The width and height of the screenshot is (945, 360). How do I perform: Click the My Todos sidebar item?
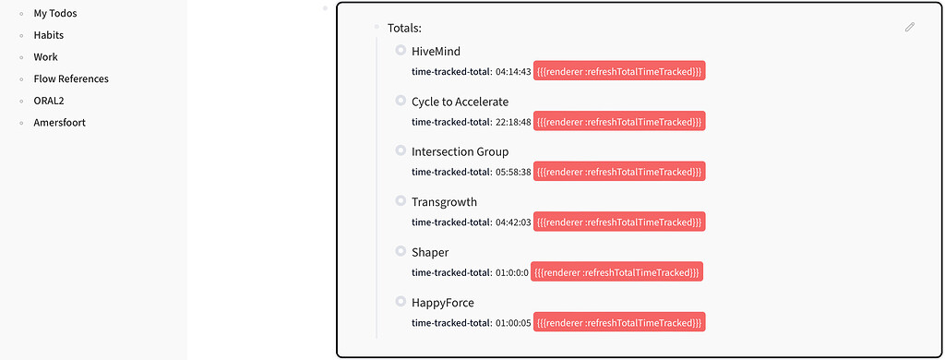pos(55,14)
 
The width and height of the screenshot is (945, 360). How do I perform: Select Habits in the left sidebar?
pos(49,35)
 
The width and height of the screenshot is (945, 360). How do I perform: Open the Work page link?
pos(46,57)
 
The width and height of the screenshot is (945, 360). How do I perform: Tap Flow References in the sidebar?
pos(71,79)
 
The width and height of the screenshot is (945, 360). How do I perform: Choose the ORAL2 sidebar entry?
pos(50,101)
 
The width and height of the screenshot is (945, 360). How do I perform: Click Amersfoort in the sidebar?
pos(60,123)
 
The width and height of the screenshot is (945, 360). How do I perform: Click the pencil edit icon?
pos(910,28)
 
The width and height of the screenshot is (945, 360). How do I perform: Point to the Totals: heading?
pos(404,29)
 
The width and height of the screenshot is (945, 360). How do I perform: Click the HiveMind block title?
pos(436,52)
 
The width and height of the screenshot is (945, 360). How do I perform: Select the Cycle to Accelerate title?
pos(460,102)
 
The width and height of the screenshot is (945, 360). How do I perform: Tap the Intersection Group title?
pos(460,151)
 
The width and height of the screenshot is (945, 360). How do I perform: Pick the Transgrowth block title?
pos(444,202)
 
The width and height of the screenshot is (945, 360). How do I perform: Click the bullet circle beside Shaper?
pos(401,251)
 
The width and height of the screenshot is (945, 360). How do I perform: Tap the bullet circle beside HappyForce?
pos(401,301)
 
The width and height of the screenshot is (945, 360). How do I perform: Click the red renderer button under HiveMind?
pos(619,72)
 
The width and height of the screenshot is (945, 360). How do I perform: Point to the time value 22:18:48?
pos(513,122)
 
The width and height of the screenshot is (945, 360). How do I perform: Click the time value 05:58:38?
pos(513,172)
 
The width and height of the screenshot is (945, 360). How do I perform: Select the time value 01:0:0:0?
pos(512,272)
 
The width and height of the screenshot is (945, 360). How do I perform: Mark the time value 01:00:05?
pos(513,322)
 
